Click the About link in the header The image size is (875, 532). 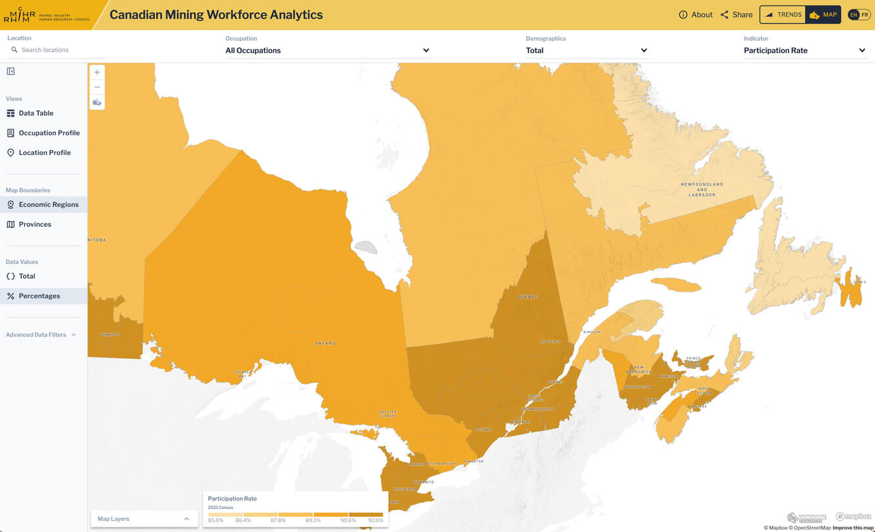click(696, 14)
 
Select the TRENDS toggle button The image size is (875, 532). click(783, 14)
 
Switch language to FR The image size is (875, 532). click(864, 14)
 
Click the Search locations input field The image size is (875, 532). click(59, 50)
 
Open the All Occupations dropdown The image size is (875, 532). click(327, 51)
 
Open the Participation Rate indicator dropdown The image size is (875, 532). click(804, 51)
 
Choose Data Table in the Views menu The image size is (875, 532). click(36, 113)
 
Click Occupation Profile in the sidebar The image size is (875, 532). click(49, 133)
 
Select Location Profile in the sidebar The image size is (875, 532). click(44, 152)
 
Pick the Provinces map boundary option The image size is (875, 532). click(35, 224)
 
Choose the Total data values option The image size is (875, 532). click(27, 276)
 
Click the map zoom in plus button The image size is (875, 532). click(97, 72)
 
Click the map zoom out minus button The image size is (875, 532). click(97, 87)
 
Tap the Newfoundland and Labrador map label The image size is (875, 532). click(702, 189)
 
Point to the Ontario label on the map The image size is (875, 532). click(326, 343)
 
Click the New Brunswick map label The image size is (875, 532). click(639, 370)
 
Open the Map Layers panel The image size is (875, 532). click(143, 519)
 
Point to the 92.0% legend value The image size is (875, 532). click(375, 520)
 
